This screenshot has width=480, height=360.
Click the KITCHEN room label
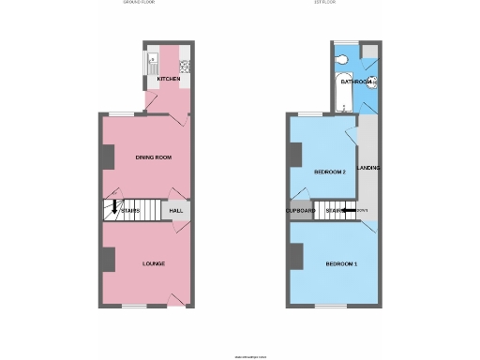(168, 80)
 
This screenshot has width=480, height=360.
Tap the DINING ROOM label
(152, 157)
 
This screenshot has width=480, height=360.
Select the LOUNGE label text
(154, 263)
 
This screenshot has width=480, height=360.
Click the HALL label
(176, 211)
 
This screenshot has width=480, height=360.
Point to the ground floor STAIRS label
(131, 211)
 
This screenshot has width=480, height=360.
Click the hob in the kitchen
(184, 66)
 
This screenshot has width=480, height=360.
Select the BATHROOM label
(357, 82)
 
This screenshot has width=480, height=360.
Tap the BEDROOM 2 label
(330, 172)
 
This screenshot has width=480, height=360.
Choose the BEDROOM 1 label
(340, 264)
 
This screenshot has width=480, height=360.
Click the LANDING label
(367, 169)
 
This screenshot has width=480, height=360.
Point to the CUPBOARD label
(300, 211)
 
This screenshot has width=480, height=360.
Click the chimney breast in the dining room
(107, 157)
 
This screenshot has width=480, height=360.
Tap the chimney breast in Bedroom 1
(295, 253)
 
